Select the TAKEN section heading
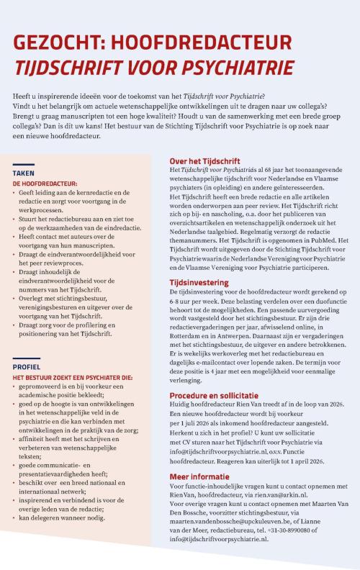coord(24,174)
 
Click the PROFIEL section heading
coord(27,366)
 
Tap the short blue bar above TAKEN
coord(23,165)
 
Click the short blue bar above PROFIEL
coord(23,358)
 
